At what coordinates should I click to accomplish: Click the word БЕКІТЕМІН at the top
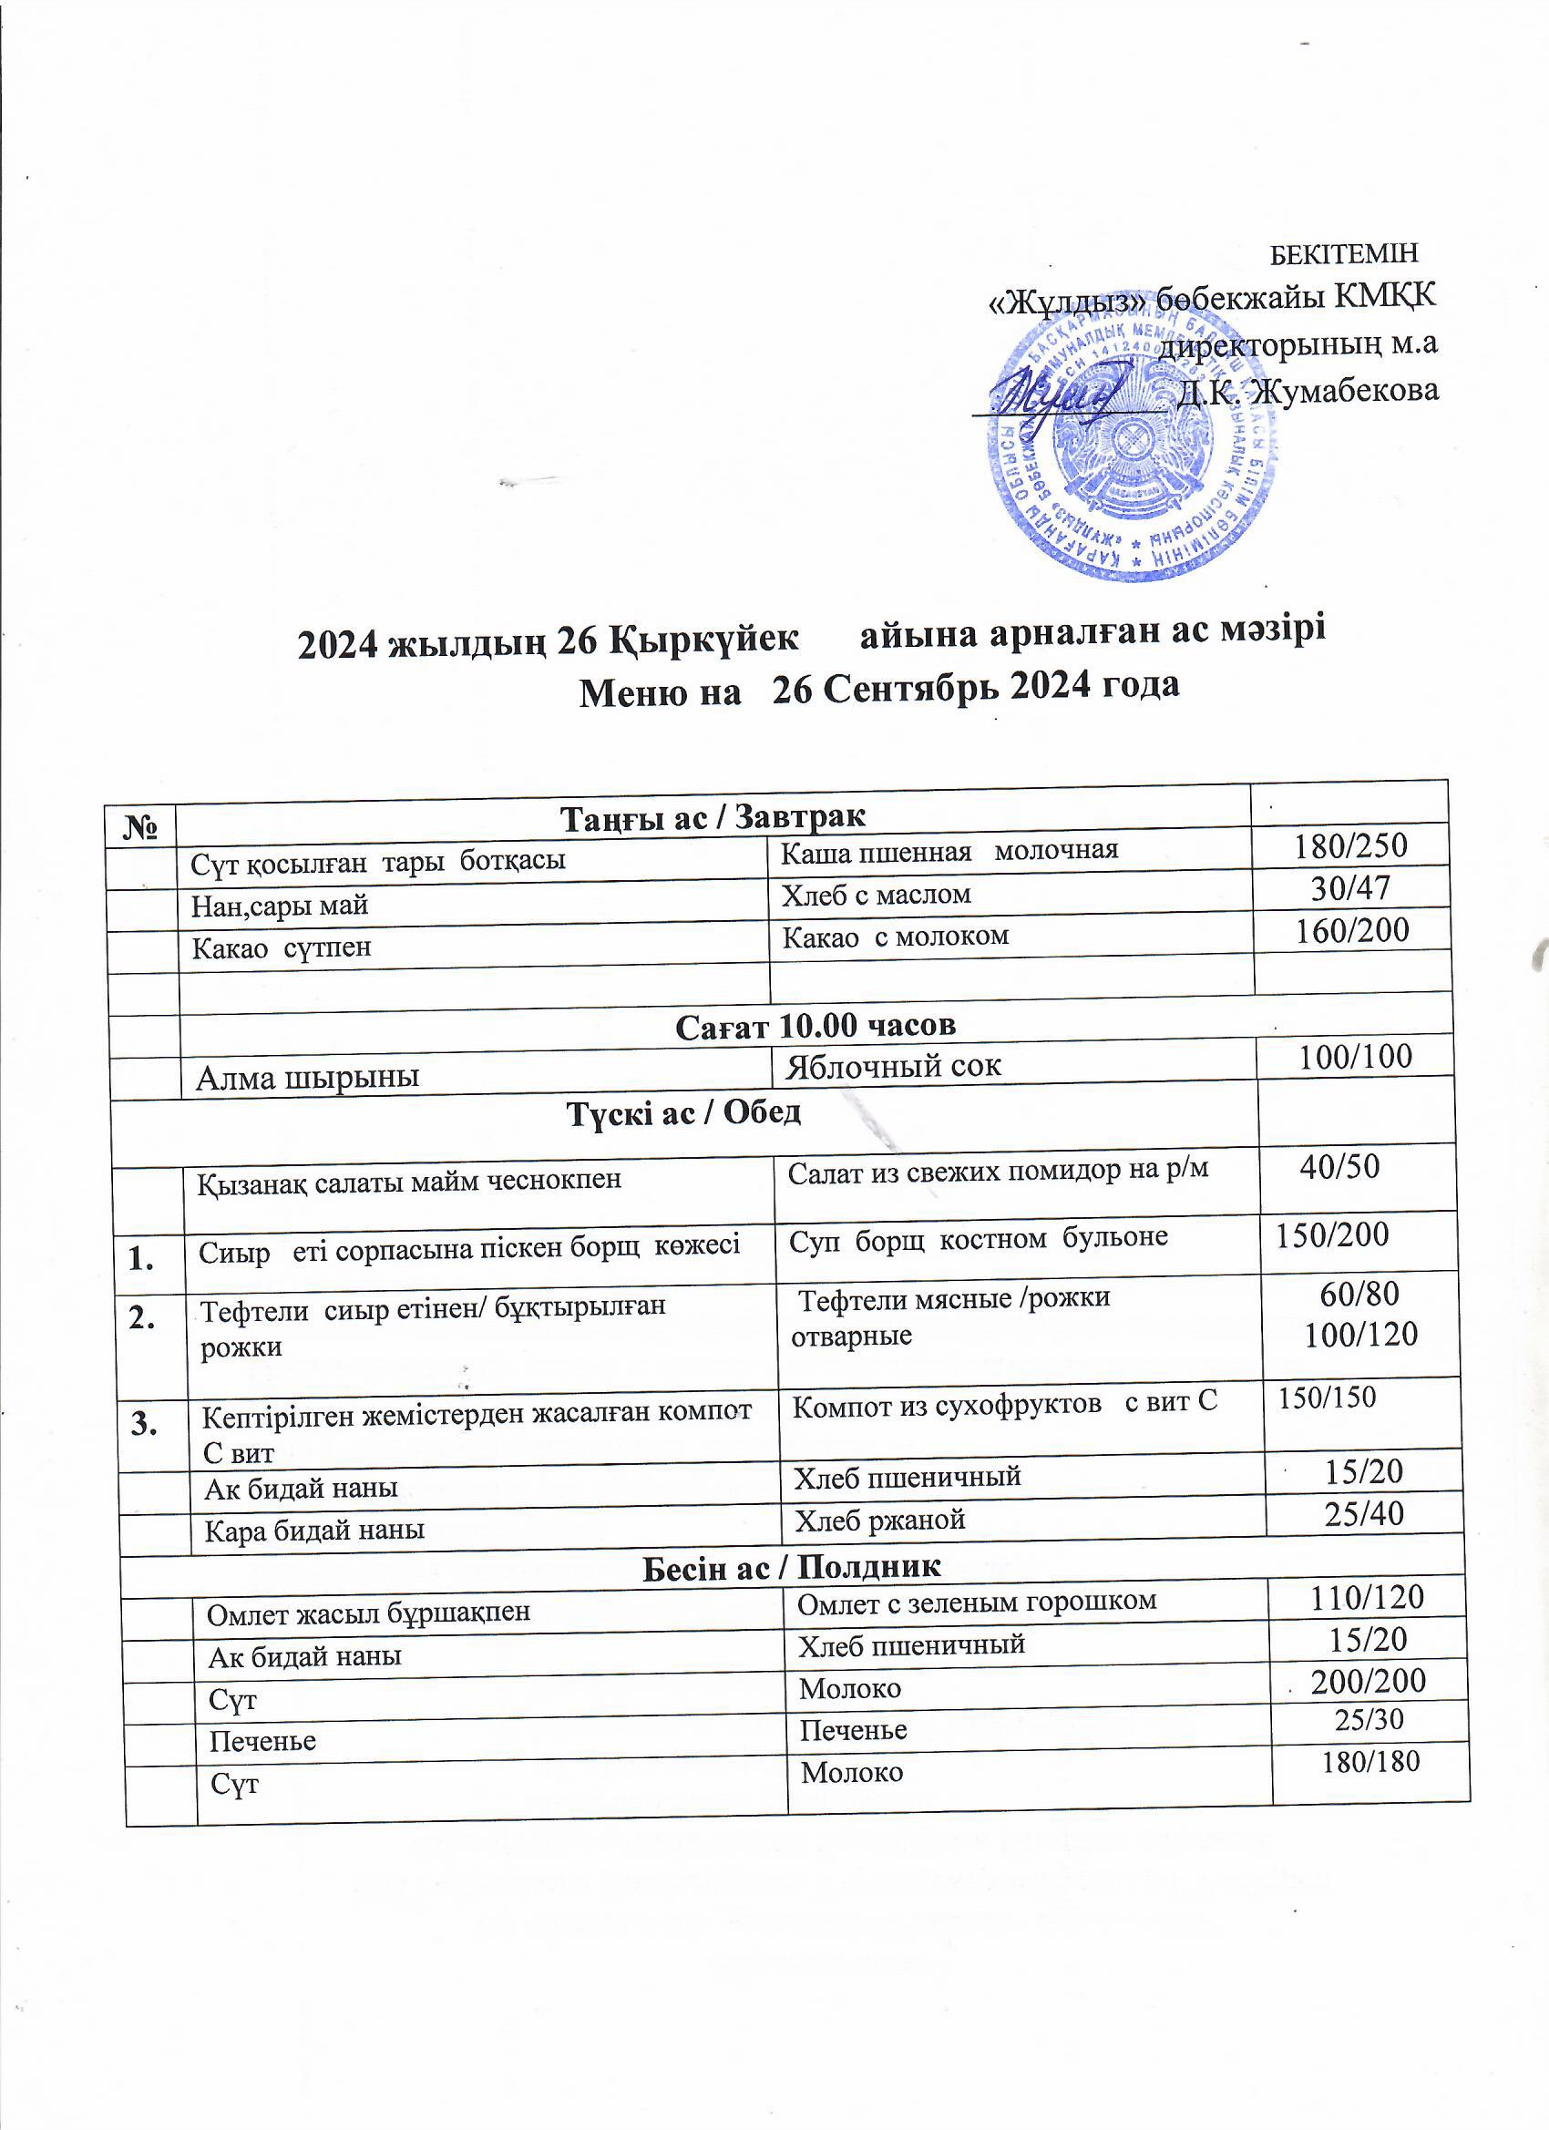pos(1342,253)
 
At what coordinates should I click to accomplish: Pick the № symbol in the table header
pos(139,826)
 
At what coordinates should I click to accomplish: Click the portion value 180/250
pos(1350,846)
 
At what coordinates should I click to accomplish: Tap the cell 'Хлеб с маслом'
pos(877,894)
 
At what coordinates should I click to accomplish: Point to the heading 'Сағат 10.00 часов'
pos(816,1025)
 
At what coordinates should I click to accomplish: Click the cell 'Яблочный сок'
pos(893,1066)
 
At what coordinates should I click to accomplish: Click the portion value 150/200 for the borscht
pos(1332,1234)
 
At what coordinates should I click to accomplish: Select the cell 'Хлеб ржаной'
pos(879,1521)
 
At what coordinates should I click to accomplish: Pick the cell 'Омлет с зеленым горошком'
pos(976,1602)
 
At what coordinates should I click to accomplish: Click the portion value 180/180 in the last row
pos(1369,1762)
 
